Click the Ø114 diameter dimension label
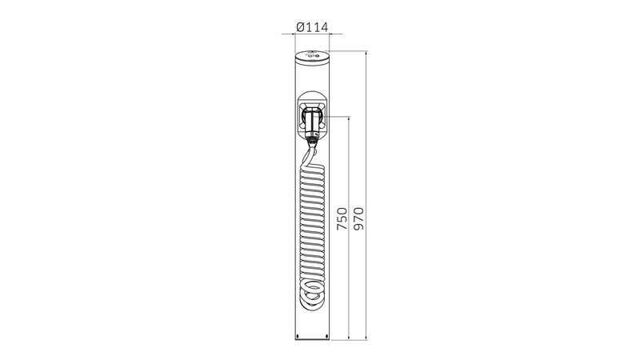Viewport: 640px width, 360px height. point(312,27)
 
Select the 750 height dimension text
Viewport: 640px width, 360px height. point(342,218)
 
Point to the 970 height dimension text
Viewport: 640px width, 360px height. point(358,218)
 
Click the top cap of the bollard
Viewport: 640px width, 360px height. point(312,55)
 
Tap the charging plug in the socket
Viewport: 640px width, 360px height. point(312,122)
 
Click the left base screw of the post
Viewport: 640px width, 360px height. point(298,336)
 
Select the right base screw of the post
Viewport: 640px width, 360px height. point(327,336)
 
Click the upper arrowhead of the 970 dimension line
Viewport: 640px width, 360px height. point(366,54)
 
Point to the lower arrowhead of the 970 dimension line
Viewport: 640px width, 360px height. point(366,337)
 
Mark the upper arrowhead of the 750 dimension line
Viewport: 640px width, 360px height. point(349,119)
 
